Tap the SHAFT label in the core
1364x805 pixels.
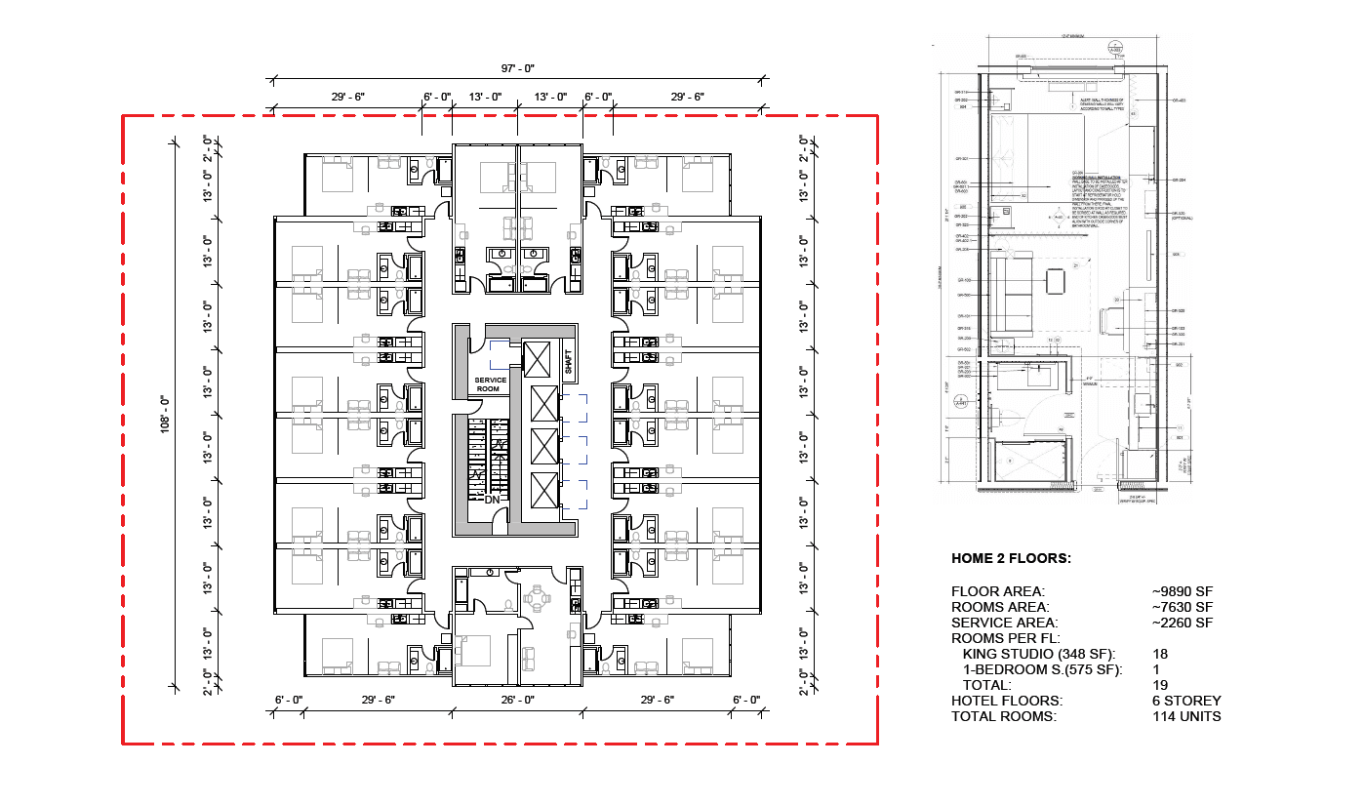pos(570,360)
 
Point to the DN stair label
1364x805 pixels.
pos(493,500)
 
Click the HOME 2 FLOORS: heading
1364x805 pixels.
pos(1011,559)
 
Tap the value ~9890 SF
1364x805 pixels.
pos(1183,591)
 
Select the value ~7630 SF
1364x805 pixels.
pos(1183,607)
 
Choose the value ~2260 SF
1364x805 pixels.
pos(1183,623)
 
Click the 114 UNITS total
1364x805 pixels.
pos(1186,716)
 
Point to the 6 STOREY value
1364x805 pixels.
pos(1186,701)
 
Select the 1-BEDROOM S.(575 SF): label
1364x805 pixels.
pos(1042,669)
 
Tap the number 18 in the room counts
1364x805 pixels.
pos(1160,654)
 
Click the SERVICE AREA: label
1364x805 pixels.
pos(1004,623)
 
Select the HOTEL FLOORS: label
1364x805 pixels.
pos(1007,701)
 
